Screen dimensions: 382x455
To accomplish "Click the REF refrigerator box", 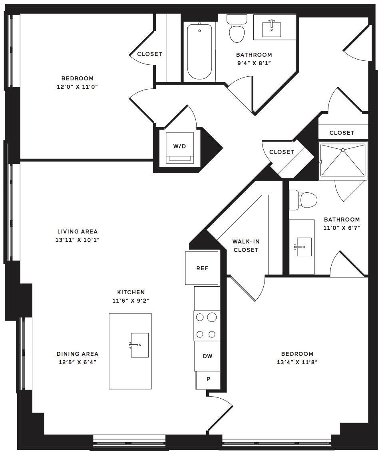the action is point(201,268).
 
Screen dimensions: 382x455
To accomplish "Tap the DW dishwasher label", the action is point(208,356).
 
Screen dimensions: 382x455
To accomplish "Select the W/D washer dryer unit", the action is point(179,148).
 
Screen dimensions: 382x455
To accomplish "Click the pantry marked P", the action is point(208,380).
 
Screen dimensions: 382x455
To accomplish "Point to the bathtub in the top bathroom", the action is point(199,52).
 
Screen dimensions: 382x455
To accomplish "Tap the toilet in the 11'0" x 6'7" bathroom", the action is point(303,200).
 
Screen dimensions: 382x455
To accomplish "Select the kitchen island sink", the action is point(139,345).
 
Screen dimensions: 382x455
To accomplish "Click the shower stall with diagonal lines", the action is point(343,160).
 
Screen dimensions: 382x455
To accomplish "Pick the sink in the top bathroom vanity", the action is point(271,28).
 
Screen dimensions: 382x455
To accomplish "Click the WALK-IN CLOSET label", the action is point(246,245).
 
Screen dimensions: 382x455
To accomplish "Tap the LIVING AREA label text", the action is point(78,231).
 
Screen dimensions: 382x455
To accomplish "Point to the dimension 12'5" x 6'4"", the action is point(78,362).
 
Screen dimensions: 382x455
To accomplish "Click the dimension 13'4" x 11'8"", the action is point(297,362).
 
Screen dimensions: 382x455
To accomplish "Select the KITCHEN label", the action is point(131,292).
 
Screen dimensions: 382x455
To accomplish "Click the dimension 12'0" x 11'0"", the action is point(78,86).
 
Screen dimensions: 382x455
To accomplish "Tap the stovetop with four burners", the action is point(206,326).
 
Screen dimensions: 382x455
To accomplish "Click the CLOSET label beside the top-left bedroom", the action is point(150,54).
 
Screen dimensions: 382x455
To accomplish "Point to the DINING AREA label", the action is point(78,354).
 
